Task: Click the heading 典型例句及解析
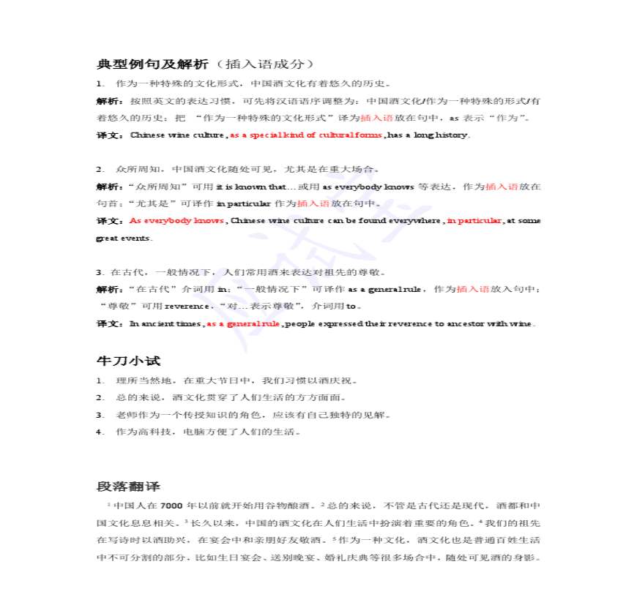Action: [x=152, y=64]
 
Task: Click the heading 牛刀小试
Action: [x=128, y=361]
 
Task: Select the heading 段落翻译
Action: [x=128, y=487]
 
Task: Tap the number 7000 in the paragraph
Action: [x=170, y=506]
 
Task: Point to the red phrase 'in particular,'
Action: [x=475, y=221]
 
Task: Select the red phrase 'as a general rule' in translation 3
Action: [x=244, y=323]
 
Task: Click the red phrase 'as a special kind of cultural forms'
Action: [x=307, y=135]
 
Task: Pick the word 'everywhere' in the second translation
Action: [x=415, y=221]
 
